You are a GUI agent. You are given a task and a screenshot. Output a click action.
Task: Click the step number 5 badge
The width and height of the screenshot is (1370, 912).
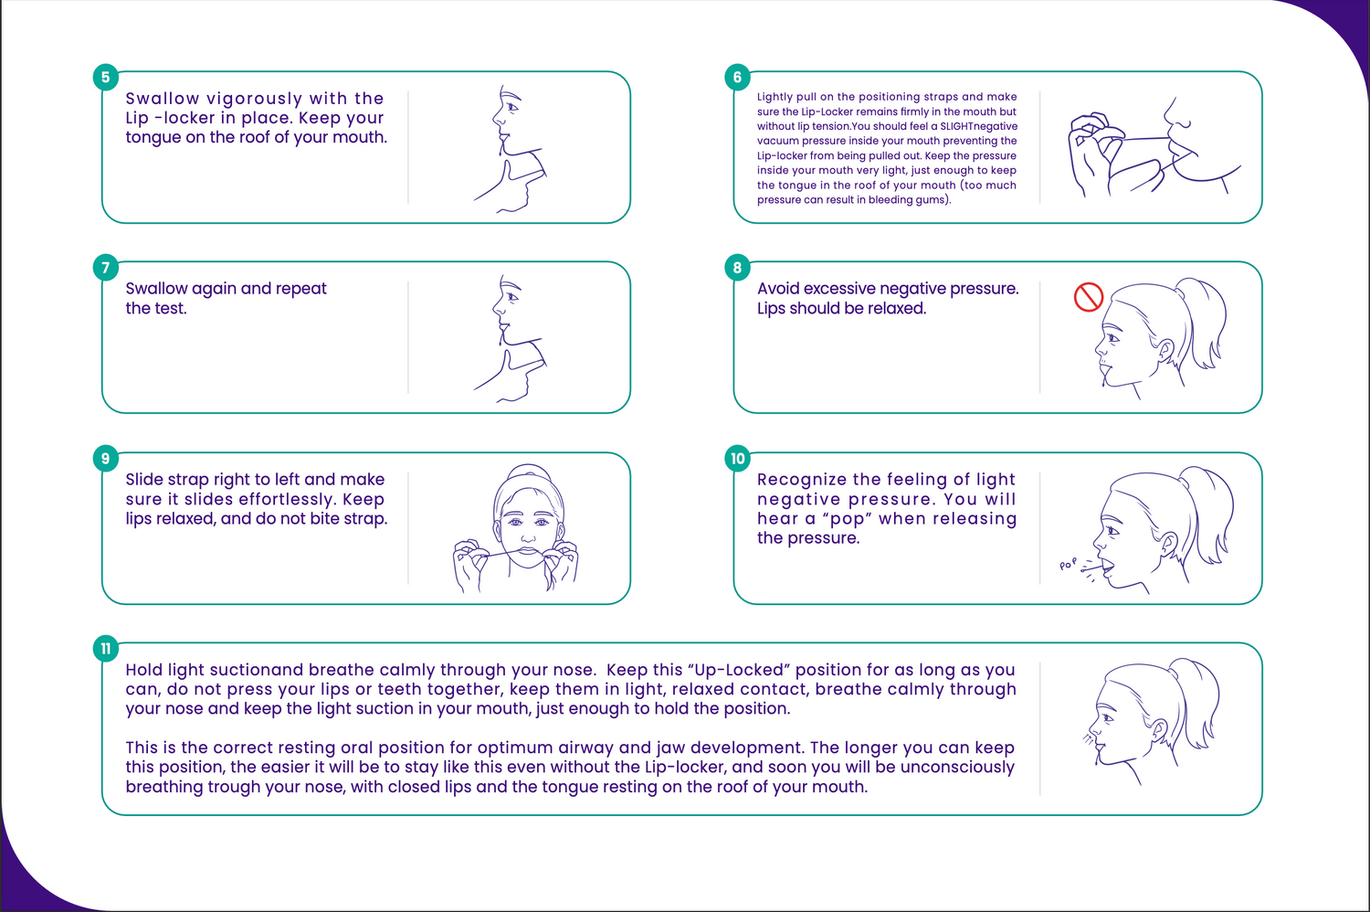(x=106, y=77)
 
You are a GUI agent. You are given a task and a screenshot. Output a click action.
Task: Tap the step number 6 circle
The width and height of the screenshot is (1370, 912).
(x=737, y=77)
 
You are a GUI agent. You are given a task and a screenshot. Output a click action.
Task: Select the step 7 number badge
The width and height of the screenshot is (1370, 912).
(x=106, y=268)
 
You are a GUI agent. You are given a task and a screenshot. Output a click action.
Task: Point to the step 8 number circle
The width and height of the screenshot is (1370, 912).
(x=737, y=268)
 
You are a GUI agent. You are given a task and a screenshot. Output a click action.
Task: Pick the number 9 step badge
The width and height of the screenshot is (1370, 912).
(x=106, y=459)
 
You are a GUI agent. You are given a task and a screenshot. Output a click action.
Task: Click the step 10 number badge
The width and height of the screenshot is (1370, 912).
(x=737, y=459)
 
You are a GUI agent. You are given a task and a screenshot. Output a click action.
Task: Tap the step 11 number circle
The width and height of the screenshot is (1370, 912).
(x=106, y=649)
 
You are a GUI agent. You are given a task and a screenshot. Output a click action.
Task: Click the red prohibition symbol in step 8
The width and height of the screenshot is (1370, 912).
(x=1089, y=297)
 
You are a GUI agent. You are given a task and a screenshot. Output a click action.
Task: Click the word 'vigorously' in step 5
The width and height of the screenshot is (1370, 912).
(x=255, y=99)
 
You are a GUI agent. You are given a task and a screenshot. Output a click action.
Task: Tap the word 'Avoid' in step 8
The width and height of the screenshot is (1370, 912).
(x=778, y=288)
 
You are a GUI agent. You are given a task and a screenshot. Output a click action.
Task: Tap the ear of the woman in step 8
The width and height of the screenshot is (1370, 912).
(x=1165, y=351)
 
